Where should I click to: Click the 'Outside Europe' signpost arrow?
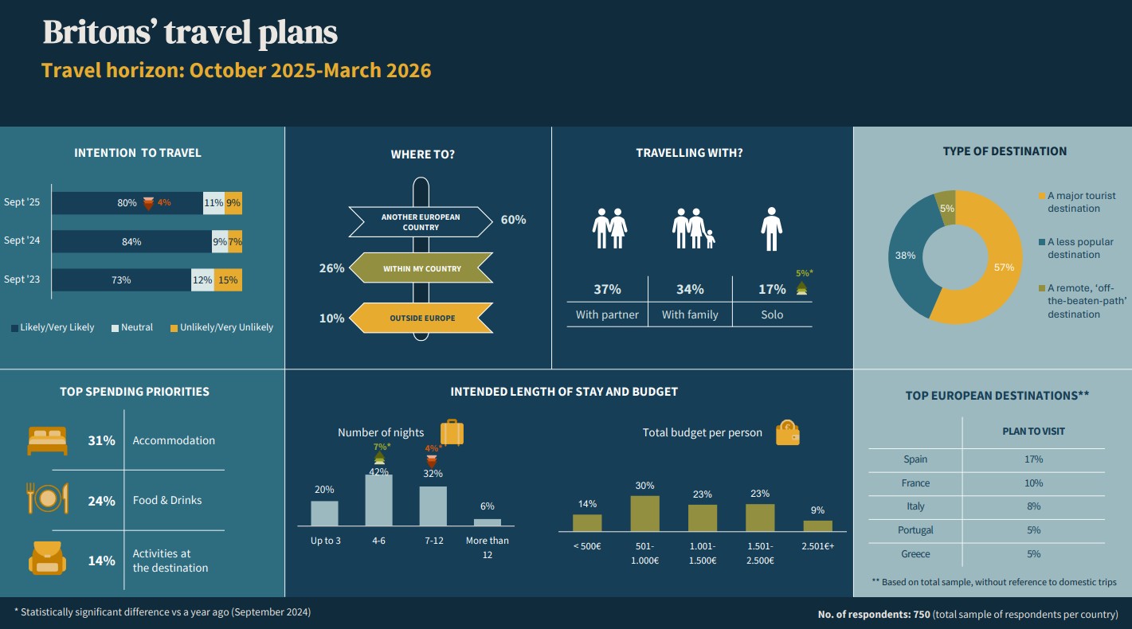pos(421,318)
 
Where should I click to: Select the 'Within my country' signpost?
pos(421,268)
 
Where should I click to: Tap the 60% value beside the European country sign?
pos(514,220)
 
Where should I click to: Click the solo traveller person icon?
pos(771,229)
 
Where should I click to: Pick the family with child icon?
pos(693,229)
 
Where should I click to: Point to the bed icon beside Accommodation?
pos(48,441)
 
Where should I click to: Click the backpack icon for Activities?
pos(48,558)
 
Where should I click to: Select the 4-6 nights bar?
pos(378,500)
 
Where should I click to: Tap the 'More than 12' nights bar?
pos(488,522)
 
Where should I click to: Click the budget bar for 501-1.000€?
pos(644,514)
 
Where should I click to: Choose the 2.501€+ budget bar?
pos(817,526)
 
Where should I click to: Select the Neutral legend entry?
pos(132,327)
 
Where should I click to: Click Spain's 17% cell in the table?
pos(1033,459)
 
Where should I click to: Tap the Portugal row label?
pos(915,530)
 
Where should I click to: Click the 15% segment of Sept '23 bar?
pos(228,280)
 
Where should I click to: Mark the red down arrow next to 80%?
pos(148,204)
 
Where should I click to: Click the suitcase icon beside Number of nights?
pos(452,432)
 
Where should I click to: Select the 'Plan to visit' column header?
pos(1033,432)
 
